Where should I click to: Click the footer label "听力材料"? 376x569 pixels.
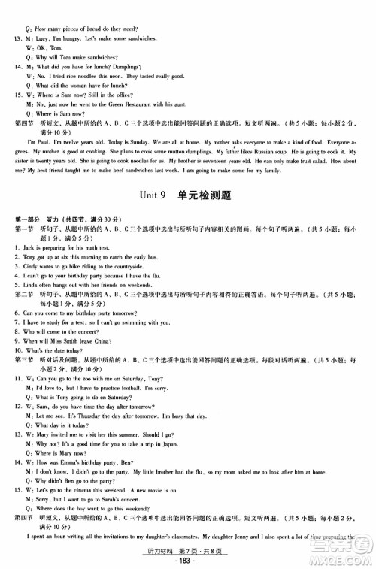pyautogui.click(x=159, y=552)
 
